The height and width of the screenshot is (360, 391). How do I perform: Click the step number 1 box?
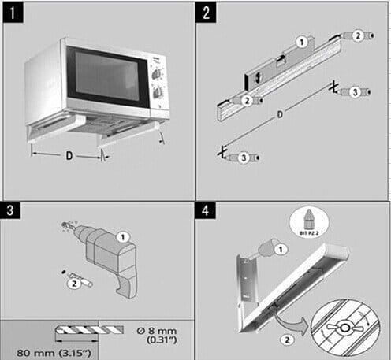[14, 13]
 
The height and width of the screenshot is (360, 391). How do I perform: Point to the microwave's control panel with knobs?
[158, 83]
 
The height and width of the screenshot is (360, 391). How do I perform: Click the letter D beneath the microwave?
[69, 156]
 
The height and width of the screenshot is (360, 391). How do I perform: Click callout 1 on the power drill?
[121, 235]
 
